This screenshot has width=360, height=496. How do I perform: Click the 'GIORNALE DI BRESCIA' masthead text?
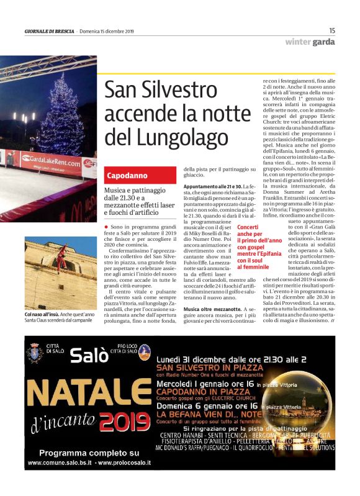(49, 30)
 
